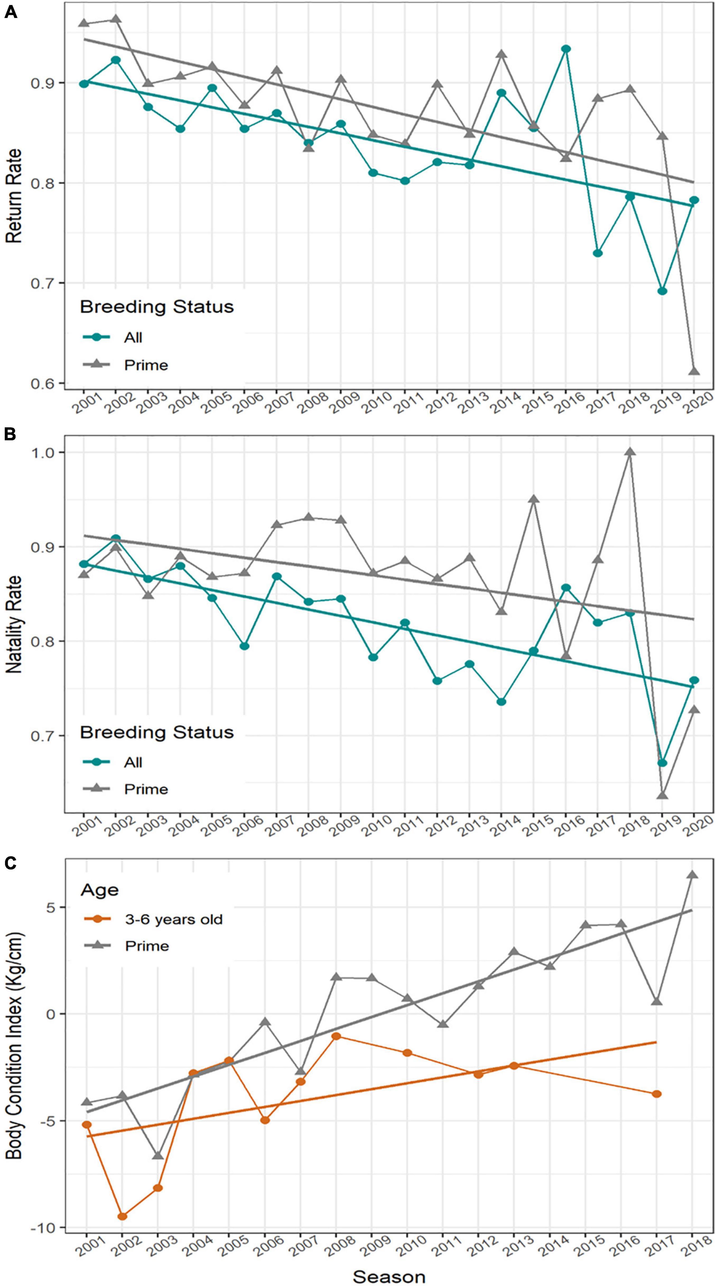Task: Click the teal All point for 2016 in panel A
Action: click(x=566, y=49)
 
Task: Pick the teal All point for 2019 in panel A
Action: click(x=662, y=291)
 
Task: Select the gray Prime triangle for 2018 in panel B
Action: click(x=630, y=452)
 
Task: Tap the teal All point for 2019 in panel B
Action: click(x=662, y=763)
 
